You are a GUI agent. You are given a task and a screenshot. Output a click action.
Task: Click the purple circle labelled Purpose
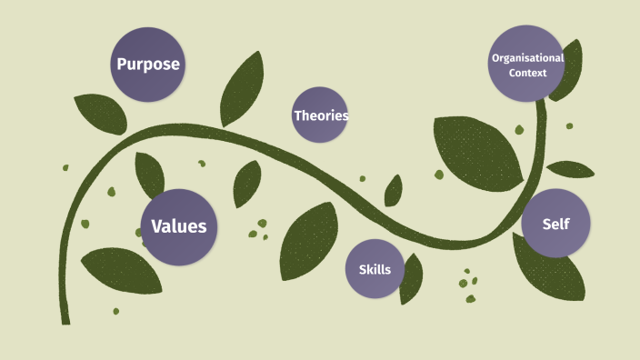click(147, 64)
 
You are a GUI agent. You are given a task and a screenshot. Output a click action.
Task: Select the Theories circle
click(320, 115)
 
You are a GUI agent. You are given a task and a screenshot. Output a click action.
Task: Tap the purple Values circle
click(179, 227)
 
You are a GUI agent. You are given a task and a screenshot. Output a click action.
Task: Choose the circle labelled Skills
click(375, 269)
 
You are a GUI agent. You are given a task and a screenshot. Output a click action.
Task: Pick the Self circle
click(555, 224)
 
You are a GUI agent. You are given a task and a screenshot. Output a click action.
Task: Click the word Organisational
click(527, 57)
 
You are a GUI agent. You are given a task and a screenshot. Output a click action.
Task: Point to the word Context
click(528, 72)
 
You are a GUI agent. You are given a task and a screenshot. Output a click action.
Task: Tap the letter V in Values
click(155, 227)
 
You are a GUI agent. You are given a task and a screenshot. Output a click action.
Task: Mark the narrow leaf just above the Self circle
click(570, 169)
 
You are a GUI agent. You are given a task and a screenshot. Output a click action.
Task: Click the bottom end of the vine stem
click(65, 320)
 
